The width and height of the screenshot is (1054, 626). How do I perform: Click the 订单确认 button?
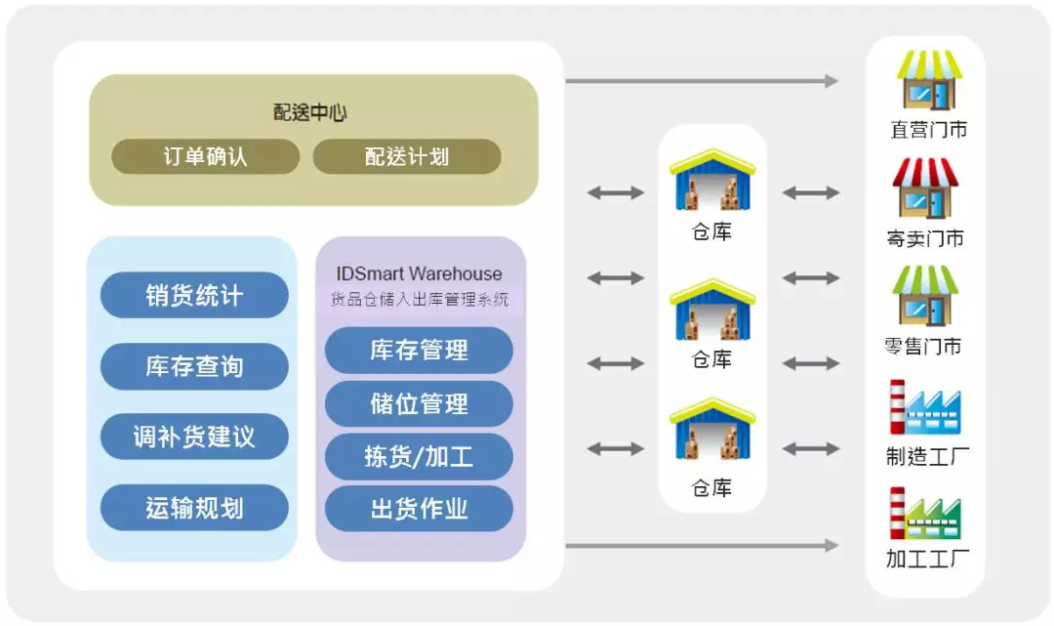coord(206,156)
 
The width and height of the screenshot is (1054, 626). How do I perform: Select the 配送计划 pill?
coord(407,156)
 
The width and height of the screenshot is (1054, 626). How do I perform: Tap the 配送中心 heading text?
coord(310,112)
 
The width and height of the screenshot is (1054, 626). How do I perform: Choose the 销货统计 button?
coord(194,295)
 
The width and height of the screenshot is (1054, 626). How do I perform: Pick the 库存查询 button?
coord(194,366)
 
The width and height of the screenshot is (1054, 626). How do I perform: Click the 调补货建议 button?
coord(194,438)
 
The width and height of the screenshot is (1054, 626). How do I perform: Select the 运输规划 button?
coord(194,508)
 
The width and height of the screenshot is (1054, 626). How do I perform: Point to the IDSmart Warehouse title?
coord(419,273)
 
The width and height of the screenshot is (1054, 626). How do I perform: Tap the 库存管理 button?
coord(419,351)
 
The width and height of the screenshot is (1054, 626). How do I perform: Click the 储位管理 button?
coord(419,403)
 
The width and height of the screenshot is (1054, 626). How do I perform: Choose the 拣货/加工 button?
coord(419,456)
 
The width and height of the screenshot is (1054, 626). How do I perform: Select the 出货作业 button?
coord(419,509)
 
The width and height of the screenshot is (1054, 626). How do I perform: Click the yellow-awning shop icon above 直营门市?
coord(929,80)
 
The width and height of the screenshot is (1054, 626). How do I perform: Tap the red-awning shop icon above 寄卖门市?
coord(925,188)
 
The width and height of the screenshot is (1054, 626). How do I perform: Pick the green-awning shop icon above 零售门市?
coord(925,296)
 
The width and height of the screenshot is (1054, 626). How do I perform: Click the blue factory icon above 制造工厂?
coord(925,407)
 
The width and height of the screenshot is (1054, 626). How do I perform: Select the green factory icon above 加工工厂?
coord(925,514)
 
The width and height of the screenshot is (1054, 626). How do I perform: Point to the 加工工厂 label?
coord(928,559)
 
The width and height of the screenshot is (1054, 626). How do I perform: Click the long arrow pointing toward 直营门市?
coord(702,81)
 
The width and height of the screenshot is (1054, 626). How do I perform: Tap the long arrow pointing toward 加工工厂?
coord(702,545)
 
